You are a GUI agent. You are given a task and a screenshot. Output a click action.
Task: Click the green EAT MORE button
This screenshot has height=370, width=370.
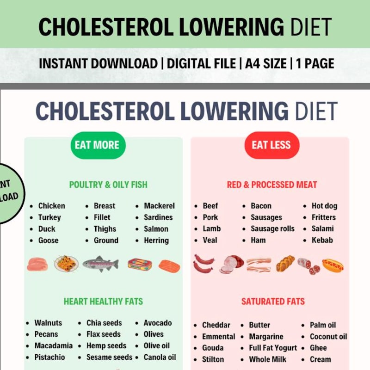click(97, 145)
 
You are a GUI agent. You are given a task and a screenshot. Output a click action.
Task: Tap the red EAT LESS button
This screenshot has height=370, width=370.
click(271, 145)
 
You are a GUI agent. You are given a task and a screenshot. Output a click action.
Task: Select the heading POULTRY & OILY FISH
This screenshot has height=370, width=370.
click(108, 185)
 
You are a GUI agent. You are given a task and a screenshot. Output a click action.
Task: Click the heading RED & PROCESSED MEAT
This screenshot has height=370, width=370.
click(272, 185)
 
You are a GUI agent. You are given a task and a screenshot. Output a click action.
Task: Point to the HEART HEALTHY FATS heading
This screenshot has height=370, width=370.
click(103, 302)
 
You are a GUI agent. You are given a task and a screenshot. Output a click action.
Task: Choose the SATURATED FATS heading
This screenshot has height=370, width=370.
click(273, 302)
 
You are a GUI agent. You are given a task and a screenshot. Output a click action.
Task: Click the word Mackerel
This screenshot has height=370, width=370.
click(159, 206)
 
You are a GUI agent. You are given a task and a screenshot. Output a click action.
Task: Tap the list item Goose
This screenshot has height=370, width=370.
click(48, 240)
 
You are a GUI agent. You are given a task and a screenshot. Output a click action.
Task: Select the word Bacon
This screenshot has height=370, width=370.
click(261, 206)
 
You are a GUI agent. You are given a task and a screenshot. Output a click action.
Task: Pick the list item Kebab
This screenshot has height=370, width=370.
click(322, 240)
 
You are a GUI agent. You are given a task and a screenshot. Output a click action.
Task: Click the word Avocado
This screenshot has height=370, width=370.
click(157, 323)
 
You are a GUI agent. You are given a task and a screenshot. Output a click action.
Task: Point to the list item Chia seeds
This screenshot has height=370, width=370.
click(104, 323)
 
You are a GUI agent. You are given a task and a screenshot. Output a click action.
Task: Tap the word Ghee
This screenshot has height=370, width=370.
click(318, 348)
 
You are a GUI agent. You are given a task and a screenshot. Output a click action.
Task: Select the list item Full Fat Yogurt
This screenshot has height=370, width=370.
click(274, 348)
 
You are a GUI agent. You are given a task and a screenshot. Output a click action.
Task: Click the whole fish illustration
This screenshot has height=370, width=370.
click(100, 264)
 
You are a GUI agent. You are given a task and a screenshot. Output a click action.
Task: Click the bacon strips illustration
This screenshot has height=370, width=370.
click(259, 265)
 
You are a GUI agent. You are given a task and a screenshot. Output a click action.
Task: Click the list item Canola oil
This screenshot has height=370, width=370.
click(160, 357)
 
